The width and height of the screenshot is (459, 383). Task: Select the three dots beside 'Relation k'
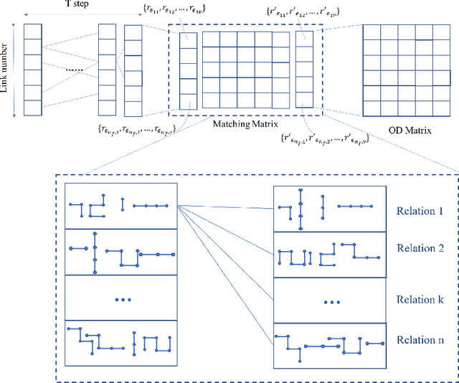tap(331, 302)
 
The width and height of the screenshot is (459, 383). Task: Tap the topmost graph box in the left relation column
tap(121, 206)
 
